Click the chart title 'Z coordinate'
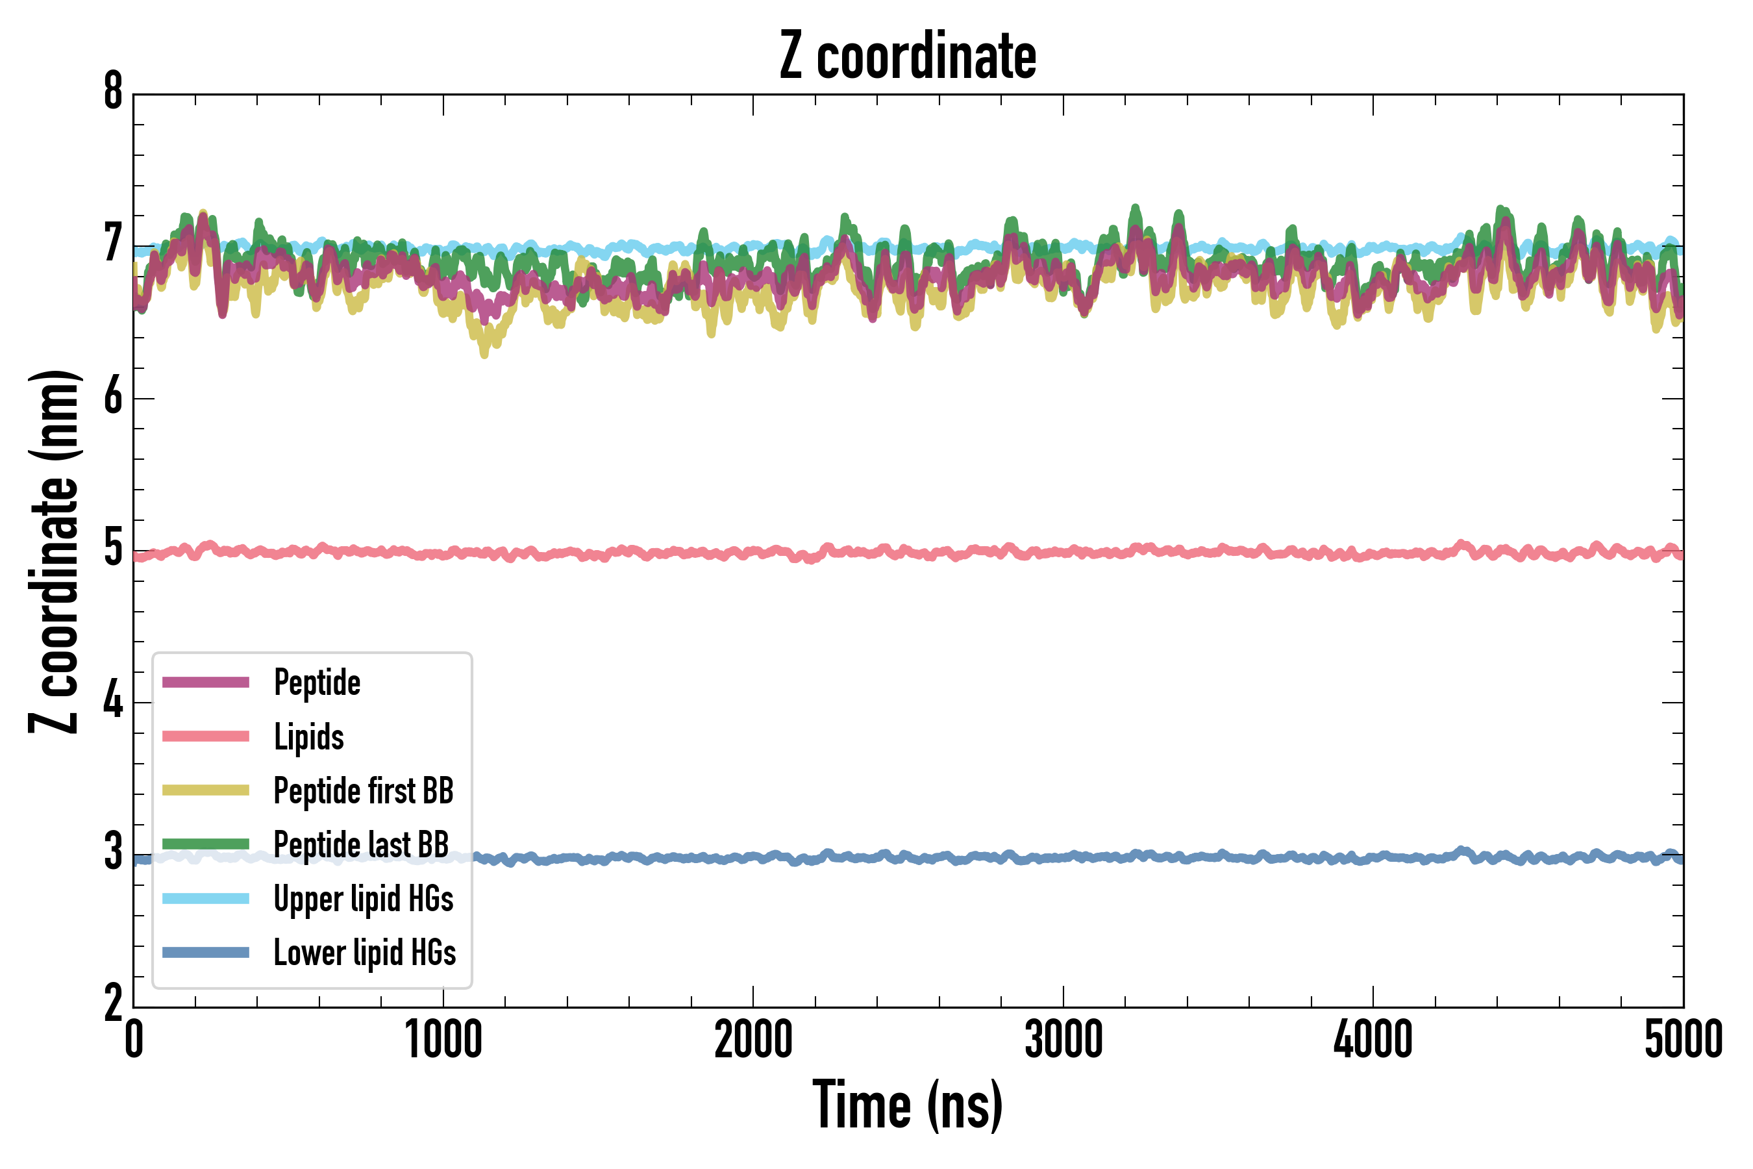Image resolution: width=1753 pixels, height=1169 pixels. click(907, 57)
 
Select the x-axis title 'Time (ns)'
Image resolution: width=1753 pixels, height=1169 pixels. click(907, 1105)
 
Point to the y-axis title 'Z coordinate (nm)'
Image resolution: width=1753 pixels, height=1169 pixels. click(54, 551)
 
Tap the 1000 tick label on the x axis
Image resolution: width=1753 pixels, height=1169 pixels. click(443, 1040)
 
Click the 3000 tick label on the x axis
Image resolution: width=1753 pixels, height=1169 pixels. click(1063, 1040)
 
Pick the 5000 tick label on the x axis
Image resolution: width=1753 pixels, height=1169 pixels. click(1683, 1040)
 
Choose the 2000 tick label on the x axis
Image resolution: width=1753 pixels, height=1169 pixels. click(752, 1040)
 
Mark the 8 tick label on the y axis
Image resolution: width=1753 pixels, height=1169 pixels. click(113, 92)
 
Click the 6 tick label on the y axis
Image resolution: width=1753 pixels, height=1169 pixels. click(113, 397)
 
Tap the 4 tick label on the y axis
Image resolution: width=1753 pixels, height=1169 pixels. click(113, 701)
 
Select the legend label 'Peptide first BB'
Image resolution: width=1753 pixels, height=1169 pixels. click(364, 791)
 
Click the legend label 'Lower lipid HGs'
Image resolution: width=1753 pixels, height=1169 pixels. click(364, 953)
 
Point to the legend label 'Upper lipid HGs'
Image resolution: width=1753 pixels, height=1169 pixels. click(364, 899)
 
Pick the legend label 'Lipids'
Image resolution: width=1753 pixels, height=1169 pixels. click(308, 737)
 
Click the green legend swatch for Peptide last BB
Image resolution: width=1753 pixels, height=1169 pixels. click(206, 844)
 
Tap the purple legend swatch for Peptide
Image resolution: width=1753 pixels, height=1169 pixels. click(206, 682)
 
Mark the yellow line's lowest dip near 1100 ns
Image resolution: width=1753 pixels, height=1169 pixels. click(484, 353)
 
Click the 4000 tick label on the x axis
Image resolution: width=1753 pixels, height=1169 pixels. click(1373, 1040)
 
